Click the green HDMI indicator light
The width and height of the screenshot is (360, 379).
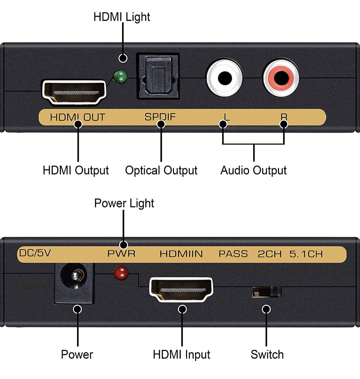120,77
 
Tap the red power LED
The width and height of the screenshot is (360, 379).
121,273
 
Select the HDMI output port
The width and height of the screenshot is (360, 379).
74,93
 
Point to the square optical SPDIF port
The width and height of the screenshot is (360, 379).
158,76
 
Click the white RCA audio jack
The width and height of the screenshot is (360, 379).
224,78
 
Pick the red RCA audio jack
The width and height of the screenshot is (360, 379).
281,78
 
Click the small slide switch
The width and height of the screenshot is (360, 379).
266,292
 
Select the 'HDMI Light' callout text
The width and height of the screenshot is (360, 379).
122,17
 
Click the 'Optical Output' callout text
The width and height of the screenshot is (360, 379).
161,171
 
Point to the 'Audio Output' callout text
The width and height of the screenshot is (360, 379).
253,171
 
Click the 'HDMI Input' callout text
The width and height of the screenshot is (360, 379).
181,355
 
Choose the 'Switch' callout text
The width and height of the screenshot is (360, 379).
267,355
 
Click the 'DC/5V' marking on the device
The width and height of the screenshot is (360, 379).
35,253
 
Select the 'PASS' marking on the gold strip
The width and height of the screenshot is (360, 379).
233,254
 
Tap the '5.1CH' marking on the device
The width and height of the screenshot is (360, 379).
306,254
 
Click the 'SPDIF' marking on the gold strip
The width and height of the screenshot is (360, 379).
160,117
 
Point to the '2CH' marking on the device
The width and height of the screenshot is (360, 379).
270,254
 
